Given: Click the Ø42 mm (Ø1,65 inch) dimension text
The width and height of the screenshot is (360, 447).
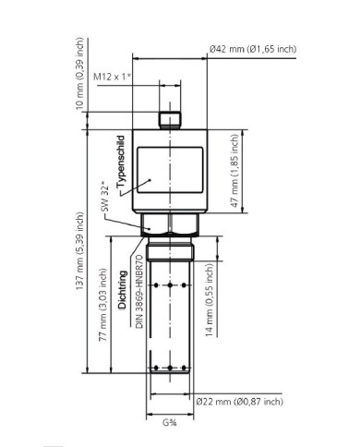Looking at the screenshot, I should coord(252,48).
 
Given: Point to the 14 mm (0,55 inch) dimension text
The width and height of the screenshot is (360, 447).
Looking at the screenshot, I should coord(210,299).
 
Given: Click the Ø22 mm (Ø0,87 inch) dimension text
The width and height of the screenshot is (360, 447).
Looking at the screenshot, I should coord(238,401).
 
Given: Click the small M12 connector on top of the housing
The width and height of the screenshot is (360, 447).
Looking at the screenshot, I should coord(168,120).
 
